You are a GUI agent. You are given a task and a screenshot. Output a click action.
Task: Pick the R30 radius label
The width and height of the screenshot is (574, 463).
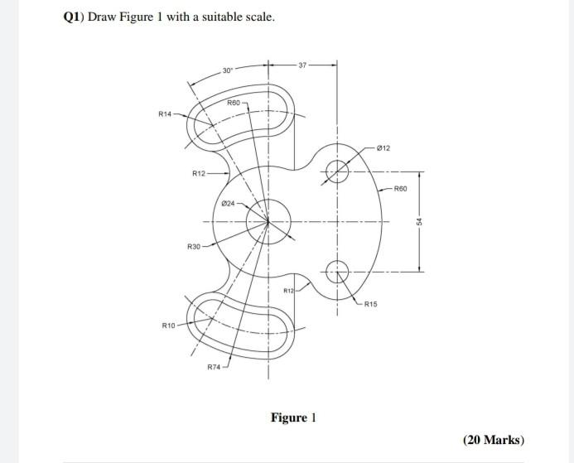coord(194,248)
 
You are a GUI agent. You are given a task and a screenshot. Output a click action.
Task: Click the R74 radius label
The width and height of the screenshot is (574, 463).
coord(214,366)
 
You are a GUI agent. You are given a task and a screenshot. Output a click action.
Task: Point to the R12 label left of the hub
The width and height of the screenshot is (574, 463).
coord(198,173)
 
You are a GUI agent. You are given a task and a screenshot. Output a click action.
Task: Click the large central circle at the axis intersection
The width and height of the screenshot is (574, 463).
coord(268,221)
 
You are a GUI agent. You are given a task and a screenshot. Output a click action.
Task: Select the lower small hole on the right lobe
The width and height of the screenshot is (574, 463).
coord(336,271)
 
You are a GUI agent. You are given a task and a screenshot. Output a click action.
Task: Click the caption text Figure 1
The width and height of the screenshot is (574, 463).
coord(294,417)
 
